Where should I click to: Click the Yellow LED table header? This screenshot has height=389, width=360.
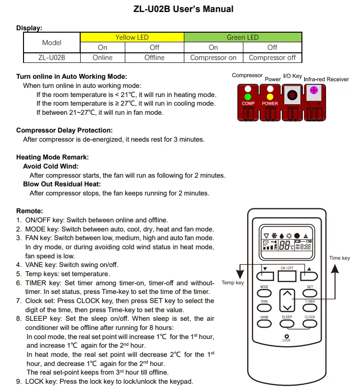132,37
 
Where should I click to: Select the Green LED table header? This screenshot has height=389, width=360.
243,37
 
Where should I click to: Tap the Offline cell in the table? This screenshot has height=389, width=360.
155,58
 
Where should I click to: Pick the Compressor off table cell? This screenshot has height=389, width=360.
272,58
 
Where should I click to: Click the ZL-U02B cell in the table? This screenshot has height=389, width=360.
52,58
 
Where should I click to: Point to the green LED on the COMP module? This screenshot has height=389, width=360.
248,97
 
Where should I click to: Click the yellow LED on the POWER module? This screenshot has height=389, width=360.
270,97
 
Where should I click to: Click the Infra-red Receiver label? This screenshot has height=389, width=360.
326,79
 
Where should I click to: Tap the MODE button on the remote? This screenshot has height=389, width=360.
264,293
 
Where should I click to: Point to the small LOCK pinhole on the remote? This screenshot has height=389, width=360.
287,336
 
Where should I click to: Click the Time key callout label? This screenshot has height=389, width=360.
339,258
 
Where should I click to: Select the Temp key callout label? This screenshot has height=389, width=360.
232,282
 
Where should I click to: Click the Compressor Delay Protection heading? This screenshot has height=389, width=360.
64,130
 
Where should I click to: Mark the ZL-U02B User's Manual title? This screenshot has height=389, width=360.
184,9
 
